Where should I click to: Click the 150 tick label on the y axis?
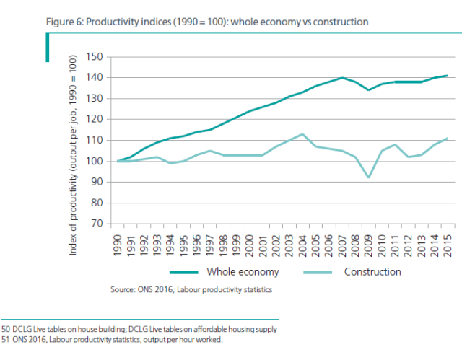(x=95, y=57)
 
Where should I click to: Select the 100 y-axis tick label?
(x=95, y=161)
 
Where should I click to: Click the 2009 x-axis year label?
(x=367, y=241)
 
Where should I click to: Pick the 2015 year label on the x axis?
(x=450, y=241)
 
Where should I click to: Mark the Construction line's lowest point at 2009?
(x=367, y=177)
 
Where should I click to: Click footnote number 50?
(x=5, y=329)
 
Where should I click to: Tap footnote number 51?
(x=5, y=339)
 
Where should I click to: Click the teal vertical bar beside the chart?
(x=48, y=45)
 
